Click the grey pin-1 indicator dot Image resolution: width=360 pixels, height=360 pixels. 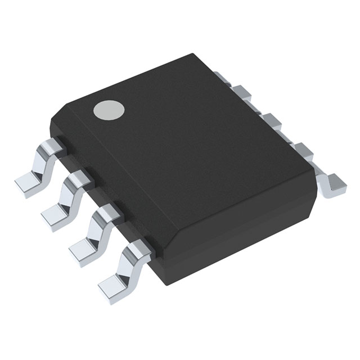(109, 111)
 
